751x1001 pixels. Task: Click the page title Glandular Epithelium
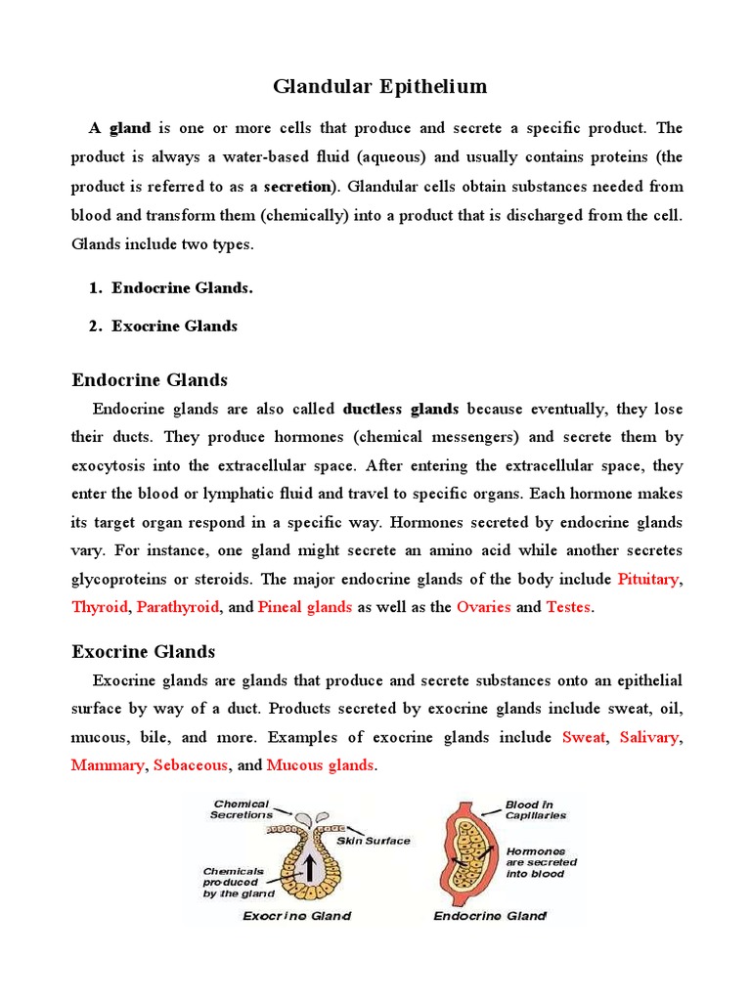coord(379,87)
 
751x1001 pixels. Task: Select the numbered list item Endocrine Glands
coord(182,287)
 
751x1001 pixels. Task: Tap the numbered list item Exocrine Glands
coord(174,326)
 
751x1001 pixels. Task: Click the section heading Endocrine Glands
coord(150,379)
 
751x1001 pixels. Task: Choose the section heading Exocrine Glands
coord(144,651)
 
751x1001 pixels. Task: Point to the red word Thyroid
coord(100,607)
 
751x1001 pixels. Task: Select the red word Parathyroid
coord(178,607)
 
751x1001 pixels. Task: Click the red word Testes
coord(568,607)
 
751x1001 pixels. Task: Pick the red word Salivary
coord(648,737)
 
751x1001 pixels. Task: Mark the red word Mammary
coord(107,765)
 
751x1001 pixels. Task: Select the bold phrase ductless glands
coord(401,409)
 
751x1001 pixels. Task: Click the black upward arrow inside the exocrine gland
coord(311,867)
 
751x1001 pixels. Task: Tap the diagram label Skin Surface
coord(374,841)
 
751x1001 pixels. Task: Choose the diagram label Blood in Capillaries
coord(536,810)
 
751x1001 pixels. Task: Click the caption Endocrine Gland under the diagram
coord(490,916)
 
